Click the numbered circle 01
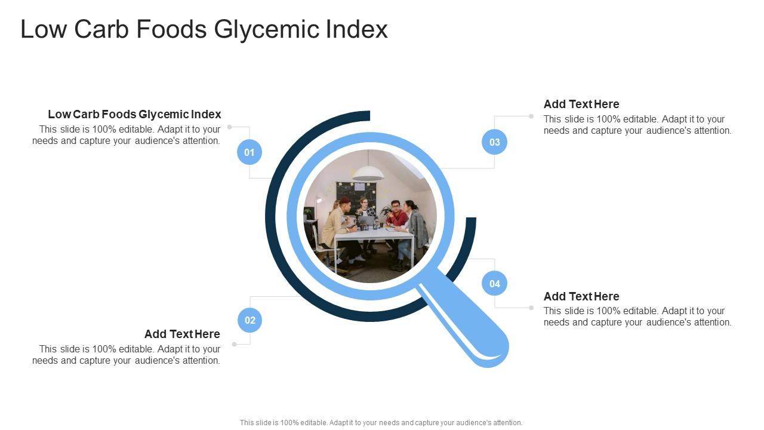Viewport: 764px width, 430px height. coord(249,152)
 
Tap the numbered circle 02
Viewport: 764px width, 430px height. coord(250,320)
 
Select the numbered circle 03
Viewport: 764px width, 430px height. coord(495,142)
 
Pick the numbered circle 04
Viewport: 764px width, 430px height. coord(495,284)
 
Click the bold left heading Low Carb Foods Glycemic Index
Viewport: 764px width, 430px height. coord(134,114)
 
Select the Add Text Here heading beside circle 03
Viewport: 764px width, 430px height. coord(581,104)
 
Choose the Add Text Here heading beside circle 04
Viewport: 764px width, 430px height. coord(581,296)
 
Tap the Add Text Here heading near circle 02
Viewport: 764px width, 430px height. coord(182,334)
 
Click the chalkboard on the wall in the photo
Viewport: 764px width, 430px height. coord(356,191)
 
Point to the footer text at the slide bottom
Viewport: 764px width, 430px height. coord(381,422)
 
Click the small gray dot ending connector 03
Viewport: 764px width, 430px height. coord(531,116)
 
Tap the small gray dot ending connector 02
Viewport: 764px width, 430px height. coord(234,345)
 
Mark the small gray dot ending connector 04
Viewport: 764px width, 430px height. coord(531,308)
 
